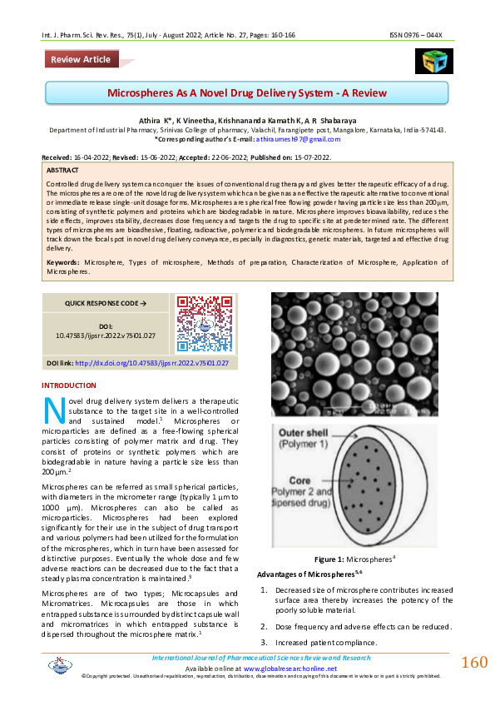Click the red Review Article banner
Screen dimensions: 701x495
[81, 59]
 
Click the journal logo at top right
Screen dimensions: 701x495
[433, 61]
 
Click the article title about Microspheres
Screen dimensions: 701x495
[246, 92]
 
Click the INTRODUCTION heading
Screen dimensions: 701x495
[69, 385]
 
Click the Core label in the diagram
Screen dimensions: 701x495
[299, 481]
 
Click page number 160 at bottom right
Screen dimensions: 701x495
[473, 662]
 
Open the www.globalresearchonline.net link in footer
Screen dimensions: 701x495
[290, 668]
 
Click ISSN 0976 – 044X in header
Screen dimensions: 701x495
[421, 36]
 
